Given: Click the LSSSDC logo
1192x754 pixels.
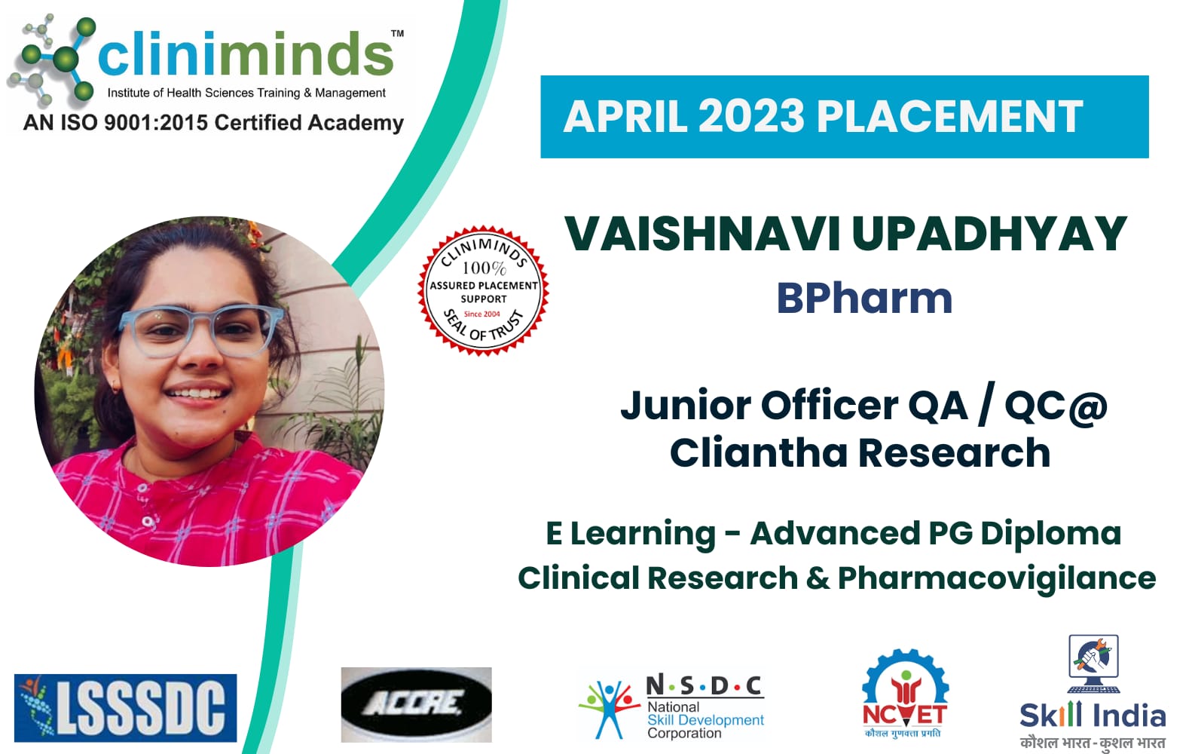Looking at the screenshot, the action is coord(126,708).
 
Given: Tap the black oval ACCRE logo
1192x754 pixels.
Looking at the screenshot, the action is coord(416,704).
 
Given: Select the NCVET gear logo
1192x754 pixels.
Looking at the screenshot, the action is coord(905,693).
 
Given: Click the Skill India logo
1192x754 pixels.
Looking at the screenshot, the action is coord(1093,692).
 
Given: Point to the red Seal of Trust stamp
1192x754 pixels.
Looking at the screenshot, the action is coord(483,291).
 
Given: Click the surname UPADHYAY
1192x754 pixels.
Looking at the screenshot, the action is coord(989,234).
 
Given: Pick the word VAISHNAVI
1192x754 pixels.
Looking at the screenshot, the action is coord(702,234).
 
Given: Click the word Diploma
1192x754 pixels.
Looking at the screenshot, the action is coord(1050,534).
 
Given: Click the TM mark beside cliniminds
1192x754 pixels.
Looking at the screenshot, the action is coord(398,33).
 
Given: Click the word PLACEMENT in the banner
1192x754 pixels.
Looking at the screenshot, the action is coord(949,116).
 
